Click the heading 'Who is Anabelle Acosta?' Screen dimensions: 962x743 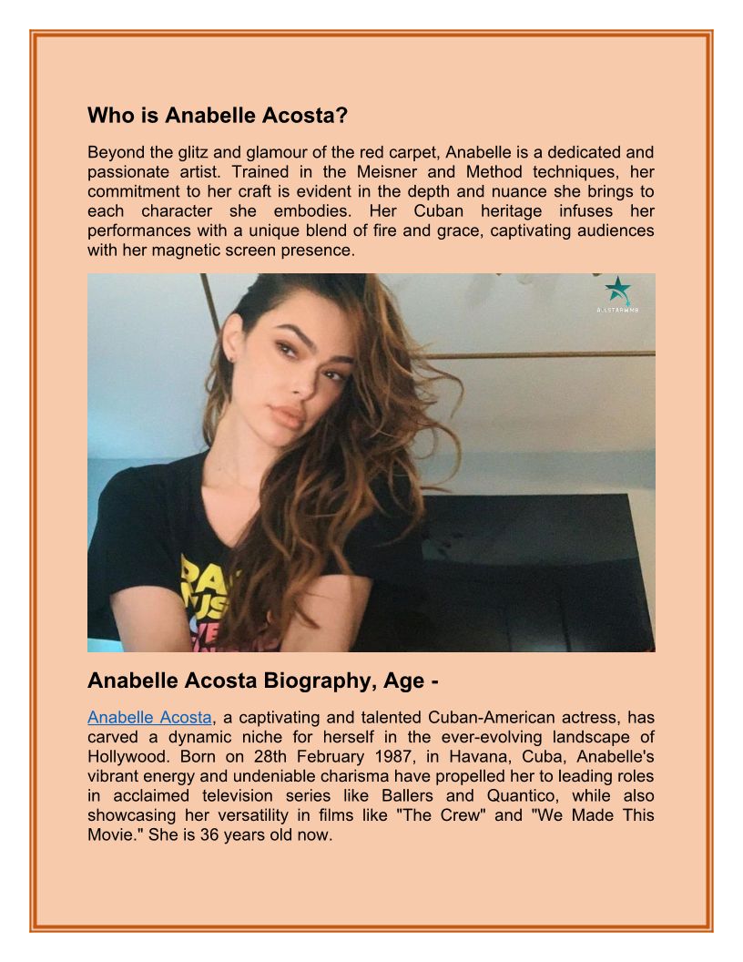point(219,116)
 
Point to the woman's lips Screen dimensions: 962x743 point(289,416)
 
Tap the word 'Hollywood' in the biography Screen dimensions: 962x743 point(128,756)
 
